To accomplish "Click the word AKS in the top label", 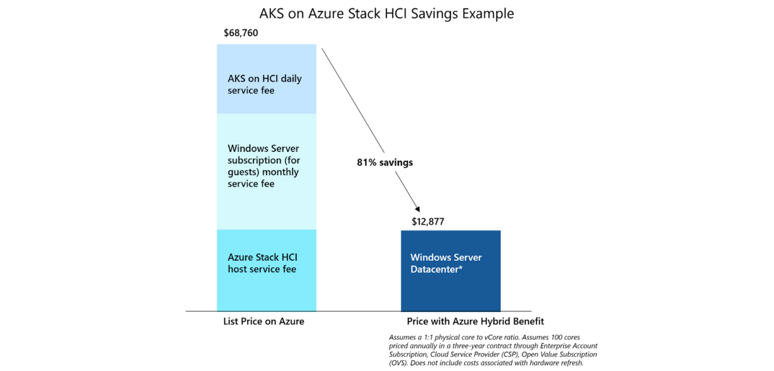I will (236, 79).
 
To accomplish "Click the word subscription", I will (254, 161).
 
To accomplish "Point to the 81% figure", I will (367, 163).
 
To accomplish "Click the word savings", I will (396, 163).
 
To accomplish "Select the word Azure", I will (240, 257).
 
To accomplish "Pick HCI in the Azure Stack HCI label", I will (289, 257).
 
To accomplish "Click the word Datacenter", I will (434, 269).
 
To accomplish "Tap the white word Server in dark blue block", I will (467, 257).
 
